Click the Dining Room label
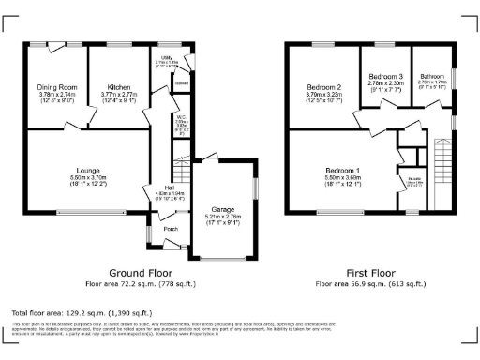coord(56,86)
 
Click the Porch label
coord(171,228)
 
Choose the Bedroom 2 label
coord(322,86)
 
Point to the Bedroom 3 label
coord(385,75)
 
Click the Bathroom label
coord(432,76)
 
